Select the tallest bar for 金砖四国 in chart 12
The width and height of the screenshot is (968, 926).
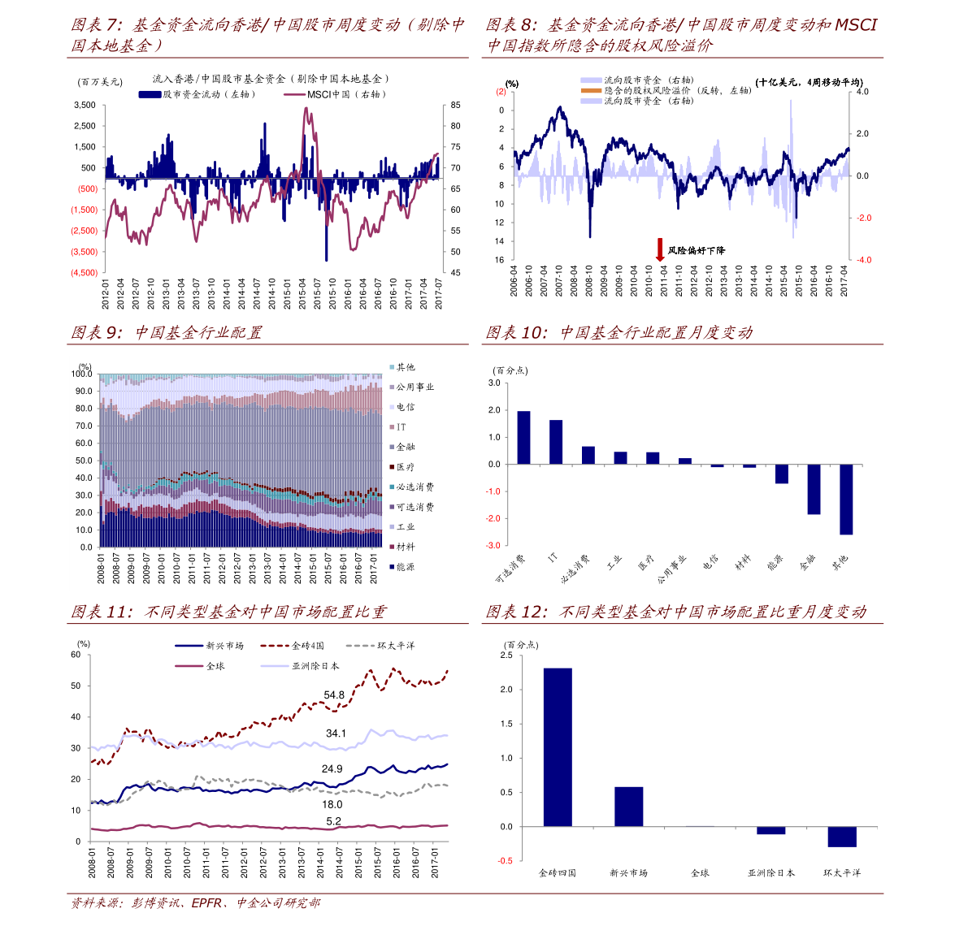pos(558,746)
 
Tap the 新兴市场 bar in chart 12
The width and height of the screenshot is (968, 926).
pos(628,806)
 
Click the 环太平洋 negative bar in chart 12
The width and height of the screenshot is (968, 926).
pos(841,837)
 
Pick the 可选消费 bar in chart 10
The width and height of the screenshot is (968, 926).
pos(523,437)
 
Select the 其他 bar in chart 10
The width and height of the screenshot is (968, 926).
pos(846,499)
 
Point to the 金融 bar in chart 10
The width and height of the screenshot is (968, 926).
pos(814,489)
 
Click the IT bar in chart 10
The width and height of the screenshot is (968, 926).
pos(556,442)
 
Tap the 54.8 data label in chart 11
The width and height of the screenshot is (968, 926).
pos(334,695)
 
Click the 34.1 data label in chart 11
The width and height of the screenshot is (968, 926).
pos(336,733)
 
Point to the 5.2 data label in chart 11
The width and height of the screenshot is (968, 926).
pos(333,821)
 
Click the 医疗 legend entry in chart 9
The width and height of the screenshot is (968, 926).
pos(405,467)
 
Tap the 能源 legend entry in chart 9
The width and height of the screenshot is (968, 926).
pos(405,566)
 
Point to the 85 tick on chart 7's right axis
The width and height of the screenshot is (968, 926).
pos(456,106)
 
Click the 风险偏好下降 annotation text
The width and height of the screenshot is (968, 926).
pos(696,251)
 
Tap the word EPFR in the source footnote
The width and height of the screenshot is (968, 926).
pos(207,902)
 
